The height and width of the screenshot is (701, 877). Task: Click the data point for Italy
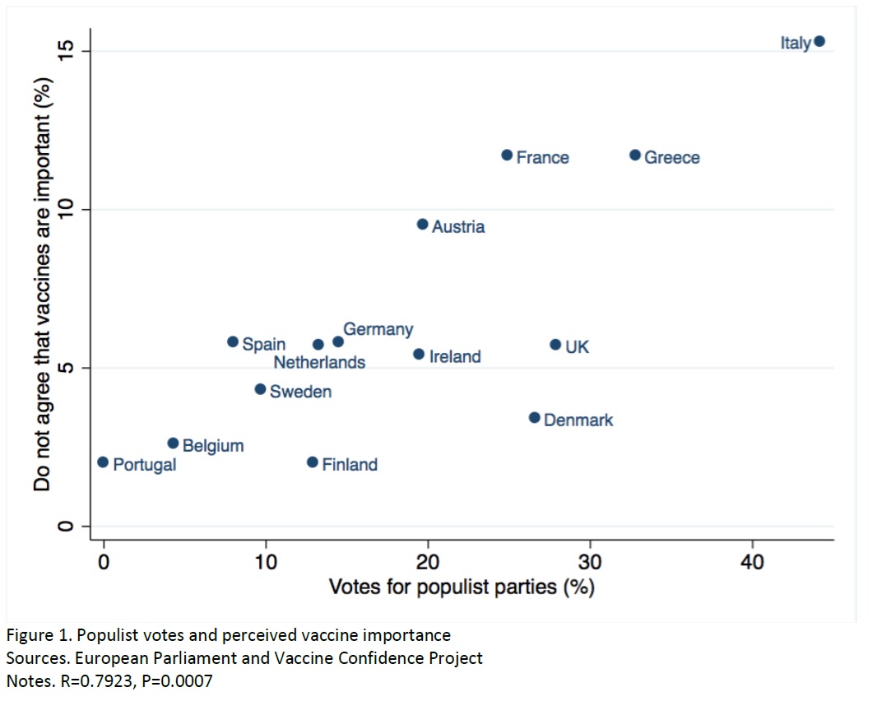[819, 41]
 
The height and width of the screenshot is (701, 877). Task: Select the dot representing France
[507, 155]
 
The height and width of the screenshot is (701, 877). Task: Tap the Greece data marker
[635, 155]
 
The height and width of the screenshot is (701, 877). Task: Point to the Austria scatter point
[423, 224]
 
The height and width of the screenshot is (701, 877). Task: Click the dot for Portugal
[103, 462]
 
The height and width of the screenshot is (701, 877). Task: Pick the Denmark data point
[534, 418]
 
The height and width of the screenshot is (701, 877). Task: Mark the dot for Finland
[312, 462]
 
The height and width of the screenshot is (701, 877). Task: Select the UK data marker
[555, 345]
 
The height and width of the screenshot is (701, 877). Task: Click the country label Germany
[378, 329]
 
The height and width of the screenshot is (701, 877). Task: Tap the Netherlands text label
[319, 361]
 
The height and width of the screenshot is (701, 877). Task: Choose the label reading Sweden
[300, 392]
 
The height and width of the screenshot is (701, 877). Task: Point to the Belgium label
[213, 446]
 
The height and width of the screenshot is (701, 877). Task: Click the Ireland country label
[455, 357]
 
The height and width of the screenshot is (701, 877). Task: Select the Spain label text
[263, 345]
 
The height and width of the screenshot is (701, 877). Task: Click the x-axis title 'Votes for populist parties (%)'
[462, 587]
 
